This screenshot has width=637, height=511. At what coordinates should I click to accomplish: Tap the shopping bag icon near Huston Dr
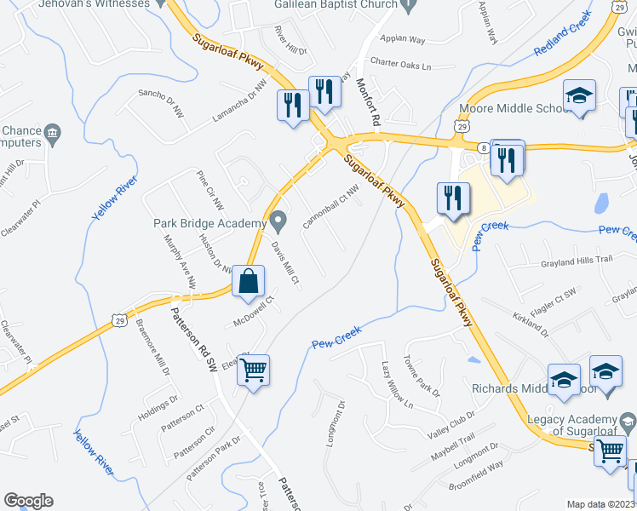248,280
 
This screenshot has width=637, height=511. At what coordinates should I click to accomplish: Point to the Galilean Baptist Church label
336,4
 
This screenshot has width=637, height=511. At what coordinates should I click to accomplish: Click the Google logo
28,501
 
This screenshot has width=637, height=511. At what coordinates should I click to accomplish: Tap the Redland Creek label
562,35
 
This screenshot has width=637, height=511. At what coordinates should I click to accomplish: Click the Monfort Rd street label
367,99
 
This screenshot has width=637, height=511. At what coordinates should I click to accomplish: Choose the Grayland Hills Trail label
577,263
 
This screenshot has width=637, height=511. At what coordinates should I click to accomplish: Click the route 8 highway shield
482,146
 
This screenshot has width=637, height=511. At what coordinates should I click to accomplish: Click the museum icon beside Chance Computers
53,133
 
